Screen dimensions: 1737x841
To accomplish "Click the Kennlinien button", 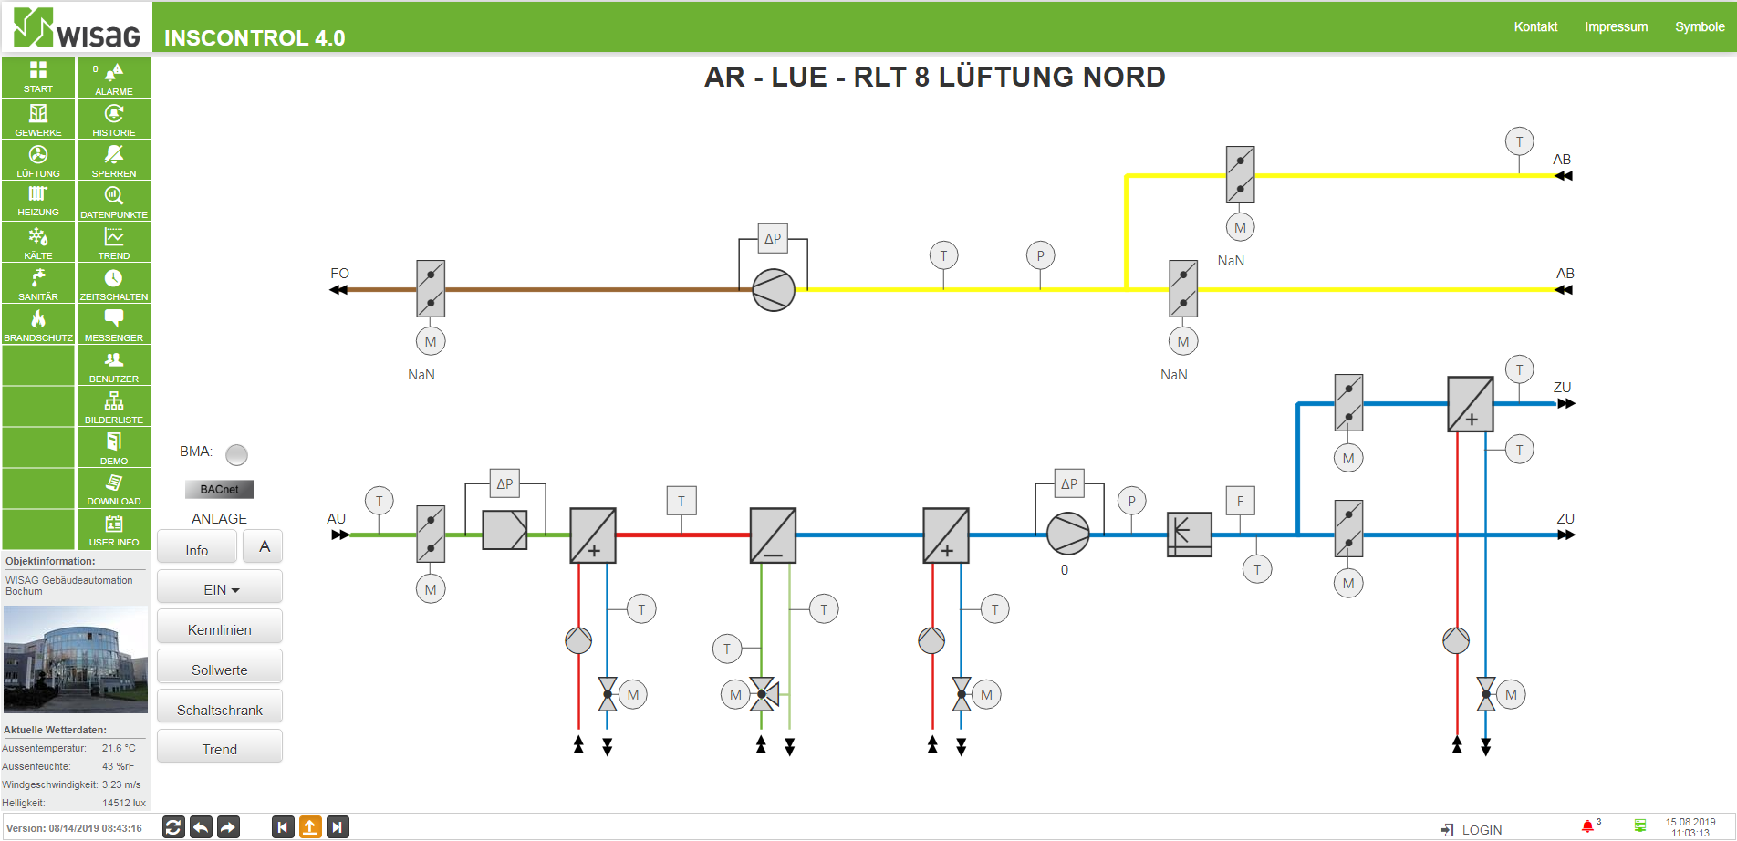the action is click(219, 628).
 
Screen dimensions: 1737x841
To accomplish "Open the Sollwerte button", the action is click(219, 669).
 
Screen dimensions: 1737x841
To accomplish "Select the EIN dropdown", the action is click(219, 588).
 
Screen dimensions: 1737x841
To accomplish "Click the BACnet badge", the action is click(219, 489).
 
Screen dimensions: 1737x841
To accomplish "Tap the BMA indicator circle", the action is click(236, 454).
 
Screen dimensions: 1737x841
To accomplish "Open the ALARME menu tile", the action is click(114, 78).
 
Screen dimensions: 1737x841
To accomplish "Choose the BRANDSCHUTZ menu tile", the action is click(38, 324).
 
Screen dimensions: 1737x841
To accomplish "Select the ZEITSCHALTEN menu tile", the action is click(114, 283).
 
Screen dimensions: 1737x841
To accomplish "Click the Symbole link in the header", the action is click(1700, 26).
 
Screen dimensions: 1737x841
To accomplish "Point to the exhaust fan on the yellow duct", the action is click(774, 290).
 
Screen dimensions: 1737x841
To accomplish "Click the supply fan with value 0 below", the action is click(1068, 534).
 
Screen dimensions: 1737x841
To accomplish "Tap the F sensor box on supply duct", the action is click(1240, 501).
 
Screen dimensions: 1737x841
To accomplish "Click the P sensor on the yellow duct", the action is click(1040, 256).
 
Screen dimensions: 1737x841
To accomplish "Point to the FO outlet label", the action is click(339, 273).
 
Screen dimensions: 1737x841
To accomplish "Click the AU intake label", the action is click(337, 518).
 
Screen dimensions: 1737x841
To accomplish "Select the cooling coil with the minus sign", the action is click(773, 535).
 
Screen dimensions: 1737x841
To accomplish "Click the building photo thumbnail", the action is click(76, 659).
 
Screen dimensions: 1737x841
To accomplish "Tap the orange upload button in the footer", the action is click(310, 827).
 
